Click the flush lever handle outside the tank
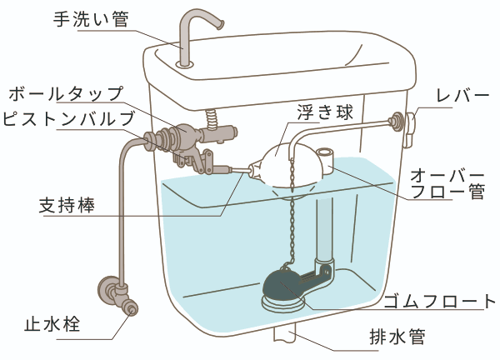pyautogui.click(x=410, y=122)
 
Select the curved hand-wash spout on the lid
pyautogui.click(x=197, y=29)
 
